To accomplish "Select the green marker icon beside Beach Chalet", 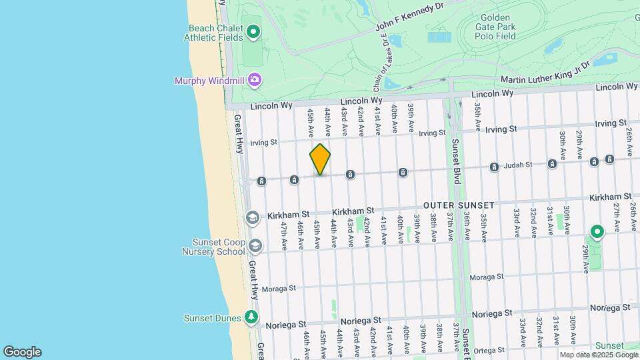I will coord(253,31).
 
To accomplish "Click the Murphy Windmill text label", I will coord(209,81).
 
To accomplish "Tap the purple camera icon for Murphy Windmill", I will coord(254,80).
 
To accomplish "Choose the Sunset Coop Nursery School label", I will coord(209,247).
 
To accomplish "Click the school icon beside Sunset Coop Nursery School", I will coord(254,246).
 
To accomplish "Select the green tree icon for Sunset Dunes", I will coord(251,317).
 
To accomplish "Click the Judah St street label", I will coord(517,164).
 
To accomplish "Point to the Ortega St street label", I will coord(489,350).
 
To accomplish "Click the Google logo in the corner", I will coord(22,352).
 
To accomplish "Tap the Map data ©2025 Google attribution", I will coord(597,355).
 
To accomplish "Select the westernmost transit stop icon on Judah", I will coord(262,181).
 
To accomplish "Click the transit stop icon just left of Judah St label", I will coord(494,167).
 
